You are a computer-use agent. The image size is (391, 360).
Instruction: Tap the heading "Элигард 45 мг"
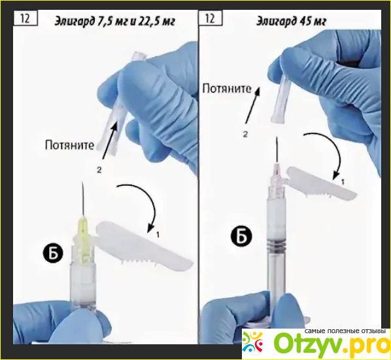click(x=291, y=22)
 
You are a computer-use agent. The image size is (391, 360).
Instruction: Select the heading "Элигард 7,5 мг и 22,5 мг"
click(x=114, y=22)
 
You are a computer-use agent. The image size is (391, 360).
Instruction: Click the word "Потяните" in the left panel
click(x=69, y=145)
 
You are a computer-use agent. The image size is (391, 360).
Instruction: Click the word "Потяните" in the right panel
click(x=226, y=88)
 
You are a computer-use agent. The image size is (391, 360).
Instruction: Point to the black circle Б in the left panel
click(x=54, y=254)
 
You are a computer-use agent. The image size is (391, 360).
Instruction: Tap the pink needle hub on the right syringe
click(x=277, y=173)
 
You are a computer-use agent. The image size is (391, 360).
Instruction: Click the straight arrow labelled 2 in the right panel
click(x=252, y=105)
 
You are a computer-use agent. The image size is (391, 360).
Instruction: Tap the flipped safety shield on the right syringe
click(x=322, y=183)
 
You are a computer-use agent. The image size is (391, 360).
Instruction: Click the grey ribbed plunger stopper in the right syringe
click(x=277, y=243)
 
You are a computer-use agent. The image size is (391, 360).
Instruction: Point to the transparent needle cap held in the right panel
click(x=281, y=99)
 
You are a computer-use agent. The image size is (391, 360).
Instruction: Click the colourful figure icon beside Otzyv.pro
click(x=253, y=342)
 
